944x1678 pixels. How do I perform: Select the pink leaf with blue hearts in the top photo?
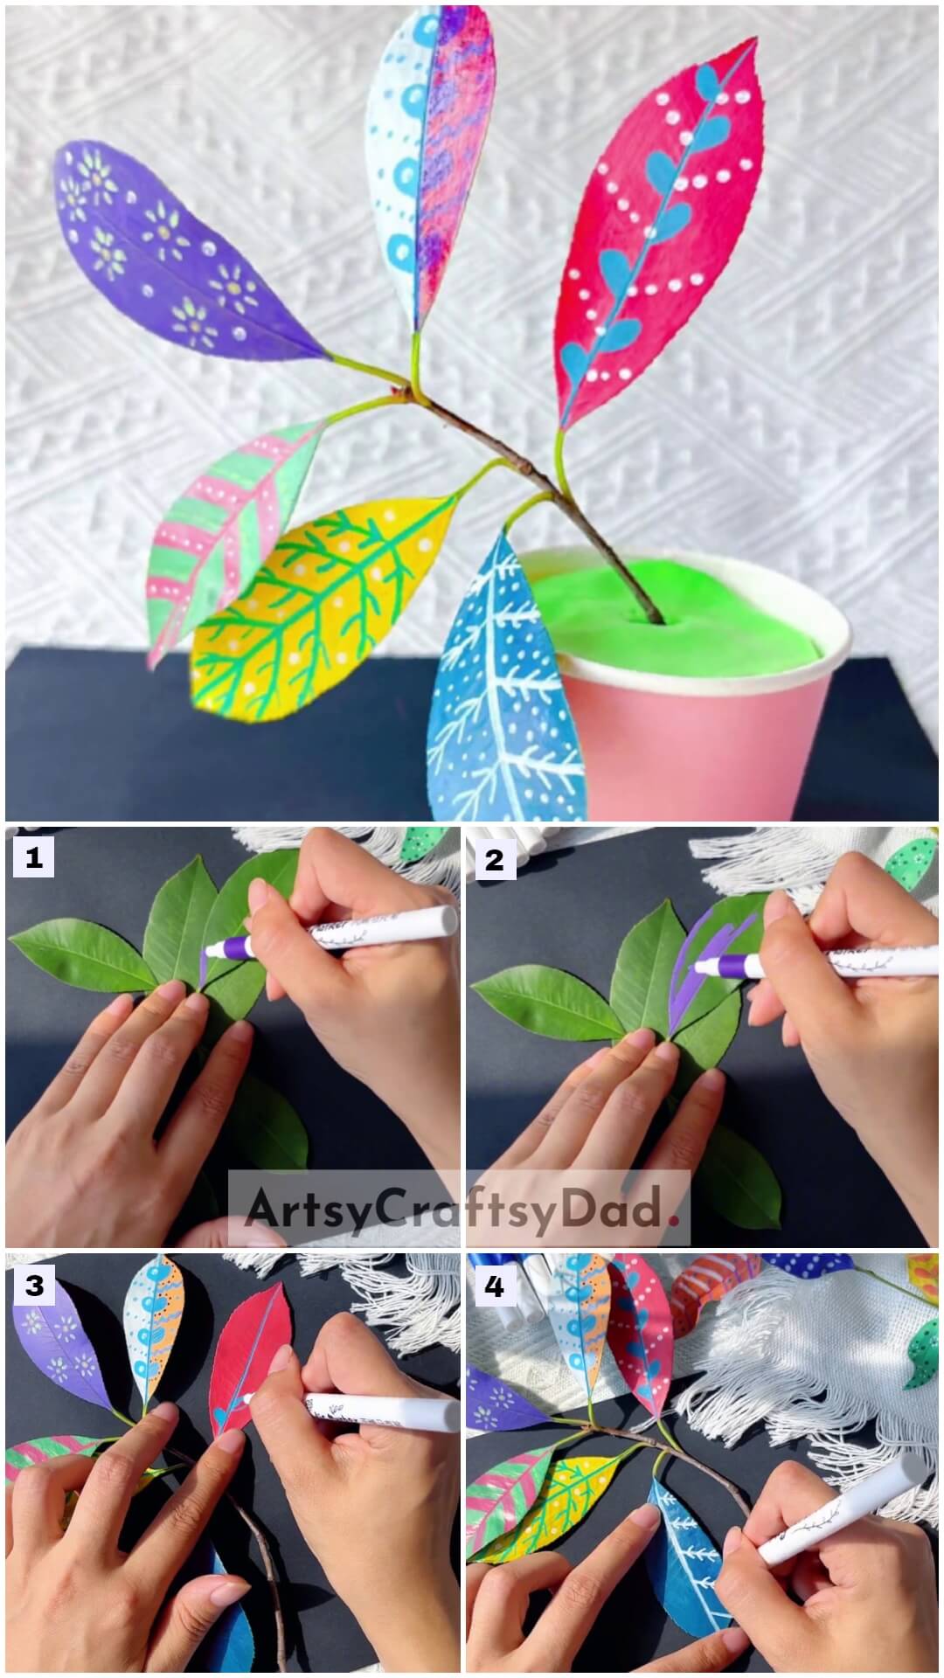tap(664, 236)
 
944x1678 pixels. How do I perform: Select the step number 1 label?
tap(33, 859)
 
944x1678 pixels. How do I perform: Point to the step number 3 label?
tap(33, 1286)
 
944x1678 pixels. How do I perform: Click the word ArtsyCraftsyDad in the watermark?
tap(451, 1209)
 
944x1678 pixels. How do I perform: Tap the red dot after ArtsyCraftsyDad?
tap(673, 1217)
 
